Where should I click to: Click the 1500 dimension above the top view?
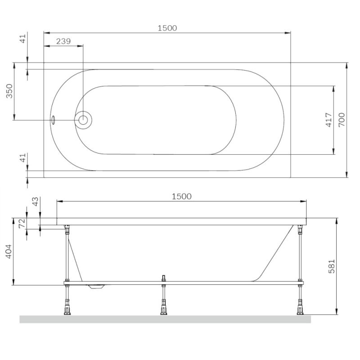pyautogui.click(x=167, y=28)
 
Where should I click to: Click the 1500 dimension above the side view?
pyautogui.click(x=182, y=196)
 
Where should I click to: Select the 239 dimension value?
pyautogui.click(x=63, y=41)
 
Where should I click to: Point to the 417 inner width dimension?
pyautogui.click(x=328, y=120)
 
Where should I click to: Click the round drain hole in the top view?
pyautogui.click(x=83, y=120)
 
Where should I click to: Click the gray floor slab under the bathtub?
pyautogui.click(x=165, y=319)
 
